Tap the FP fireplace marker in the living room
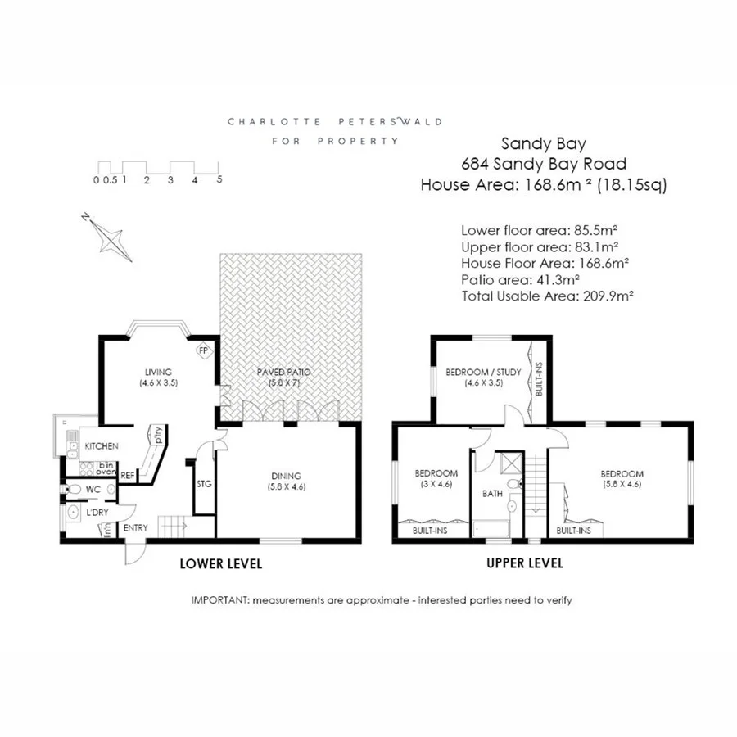(x=202, y=351)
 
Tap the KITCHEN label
(x=102, y=446)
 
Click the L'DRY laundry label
(x=98, y=513)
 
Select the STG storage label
(x=204, y=484)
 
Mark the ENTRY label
(x=135, y=528)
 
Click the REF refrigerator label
(x=128, y=474)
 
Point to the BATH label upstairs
(x=492, y=494)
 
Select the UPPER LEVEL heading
(x=525, y=564)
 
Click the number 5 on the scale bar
(x=219, y=179)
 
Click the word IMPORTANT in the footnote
(x=219, y=600)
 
